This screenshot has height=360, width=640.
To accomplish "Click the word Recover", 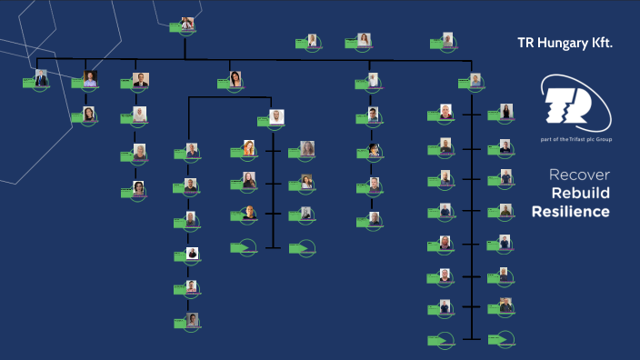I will coord(580,175).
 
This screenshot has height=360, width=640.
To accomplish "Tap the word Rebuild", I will coord(580,194).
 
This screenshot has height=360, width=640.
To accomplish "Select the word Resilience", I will coord(572,212).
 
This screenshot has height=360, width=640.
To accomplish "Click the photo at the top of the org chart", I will coord(187,24).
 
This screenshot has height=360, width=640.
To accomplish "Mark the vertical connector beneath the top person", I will coord(185,47).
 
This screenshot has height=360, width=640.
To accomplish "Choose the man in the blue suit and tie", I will coord(40,78).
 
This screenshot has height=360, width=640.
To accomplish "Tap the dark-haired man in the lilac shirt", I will coord(89,78).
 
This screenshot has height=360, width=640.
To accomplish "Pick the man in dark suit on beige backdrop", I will coord(140,79).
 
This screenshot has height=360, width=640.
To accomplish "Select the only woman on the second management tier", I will coord(235,78).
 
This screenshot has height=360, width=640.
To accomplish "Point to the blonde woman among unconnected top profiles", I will coord(363,39).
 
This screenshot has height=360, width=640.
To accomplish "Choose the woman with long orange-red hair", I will coord(248,147).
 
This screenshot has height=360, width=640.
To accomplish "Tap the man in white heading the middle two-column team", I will coord(276,116).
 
